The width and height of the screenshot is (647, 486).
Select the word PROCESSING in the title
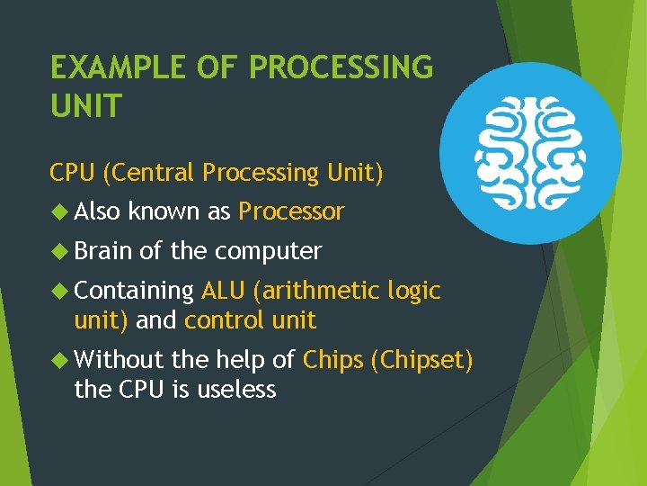[341, 67]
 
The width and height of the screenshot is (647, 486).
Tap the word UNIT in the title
[85, 107]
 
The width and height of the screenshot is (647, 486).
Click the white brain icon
[530, 152]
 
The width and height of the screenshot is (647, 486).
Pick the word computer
[268, 251]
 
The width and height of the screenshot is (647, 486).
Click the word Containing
[135, 291]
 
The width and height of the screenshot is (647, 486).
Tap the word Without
[119, 360]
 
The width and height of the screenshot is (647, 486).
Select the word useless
[237, 389]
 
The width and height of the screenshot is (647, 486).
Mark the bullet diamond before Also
[60, 212]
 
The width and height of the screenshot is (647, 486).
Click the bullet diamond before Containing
[60, 292]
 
